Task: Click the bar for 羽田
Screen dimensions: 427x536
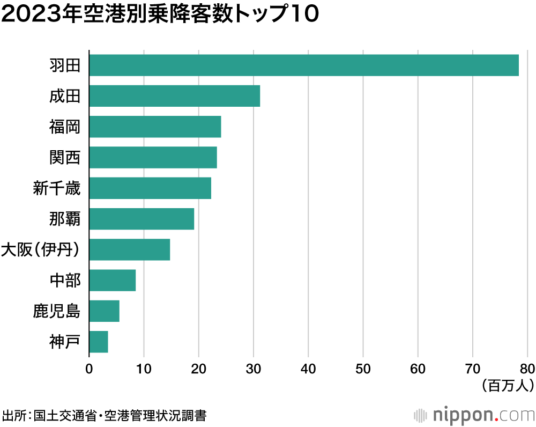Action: coord(304,65)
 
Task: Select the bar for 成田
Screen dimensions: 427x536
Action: coord(174,96)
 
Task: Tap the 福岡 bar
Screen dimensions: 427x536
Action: coord(155,127)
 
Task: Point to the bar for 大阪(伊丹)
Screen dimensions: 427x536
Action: coord(129,249)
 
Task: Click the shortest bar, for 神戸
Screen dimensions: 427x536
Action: coord(99,342)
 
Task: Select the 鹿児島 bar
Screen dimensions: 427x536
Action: coord(104,311)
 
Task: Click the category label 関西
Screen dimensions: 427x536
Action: coord(64,158)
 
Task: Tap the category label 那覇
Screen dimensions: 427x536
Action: coord(64,219)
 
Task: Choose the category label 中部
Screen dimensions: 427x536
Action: coord(64,281)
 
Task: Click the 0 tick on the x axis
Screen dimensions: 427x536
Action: coord(89,369)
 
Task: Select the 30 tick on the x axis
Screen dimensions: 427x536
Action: coord(254,369)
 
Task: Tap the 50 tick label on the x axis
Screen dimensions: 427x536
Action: coord(363,369)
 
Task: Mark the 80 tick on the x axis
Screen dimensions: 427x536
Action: coord(527,369)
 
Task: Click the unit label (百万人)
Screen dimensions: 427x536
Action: coord(507,385)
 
